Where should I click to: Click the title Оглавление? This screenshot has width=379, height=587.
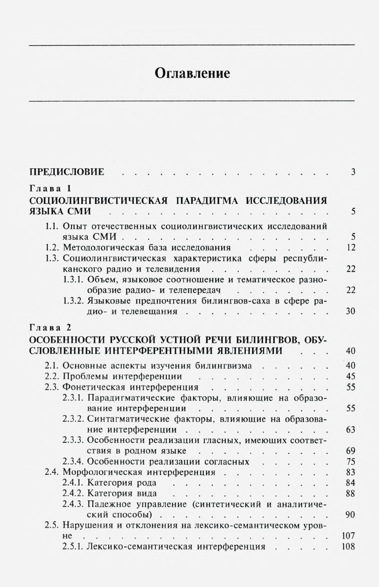pyautogui.click(x=192, y=74)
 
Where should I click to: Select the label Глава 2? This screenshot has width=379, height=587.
pyautogui.click(x=51, y=327)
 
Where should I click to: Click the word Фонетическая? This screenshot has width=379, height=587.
pyautogui.click(x=91, y=387)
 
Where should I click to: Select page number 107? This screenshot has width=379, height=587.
pyautogui.click(x=349, y=536)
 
